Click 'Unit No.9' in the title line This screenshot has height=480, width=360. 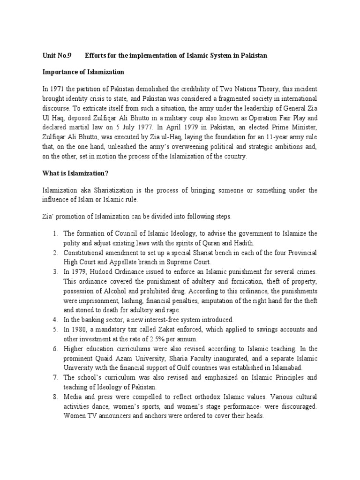click(x=57, y=55)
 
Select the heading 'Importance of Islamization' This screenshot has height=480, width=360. click(x=83, y=72)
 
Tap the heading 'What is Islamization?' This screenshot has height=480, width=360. click(x=75, y=173)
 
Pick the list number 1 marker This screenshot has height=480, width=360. click(x=55, y=233)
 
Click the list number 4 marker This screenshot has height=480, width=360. click(x=55, y=319)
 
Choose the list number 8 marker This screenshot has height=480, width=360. click(x=55, y=398)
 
